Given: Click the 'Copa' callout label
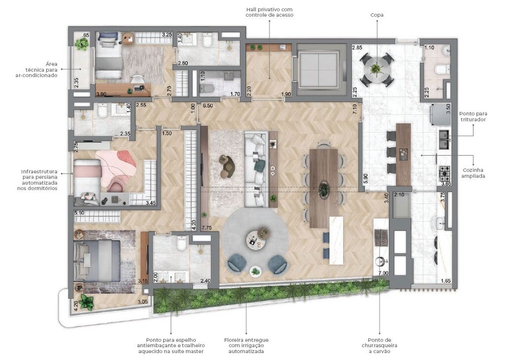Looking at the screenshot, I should [377, 15].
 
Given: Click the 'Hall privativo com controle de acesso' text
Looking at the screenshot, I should [269, 12].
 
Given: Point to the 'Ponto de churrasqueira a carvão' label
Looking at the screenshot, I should [380, 345].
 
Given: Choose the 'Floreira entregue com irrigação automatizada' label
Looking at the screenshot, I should [247, 345].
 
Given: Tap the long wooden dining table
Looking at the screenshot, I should [324, 188].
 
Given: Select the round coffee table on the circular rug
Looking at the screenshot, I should [255, 239].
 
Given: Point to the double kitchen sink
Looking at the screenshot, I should [443, 139].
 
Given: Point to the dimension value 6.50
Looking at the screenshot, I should [208, 106].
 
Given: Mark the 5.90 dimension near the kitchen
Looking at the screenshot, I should [366, 179].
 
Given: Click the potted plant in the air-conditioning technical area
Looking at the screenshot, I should [82, 44].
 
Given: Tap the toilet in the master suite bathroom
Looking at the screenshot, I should [181, 243].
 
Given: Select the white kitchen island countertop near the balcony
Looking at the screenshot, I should [337, 240].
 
